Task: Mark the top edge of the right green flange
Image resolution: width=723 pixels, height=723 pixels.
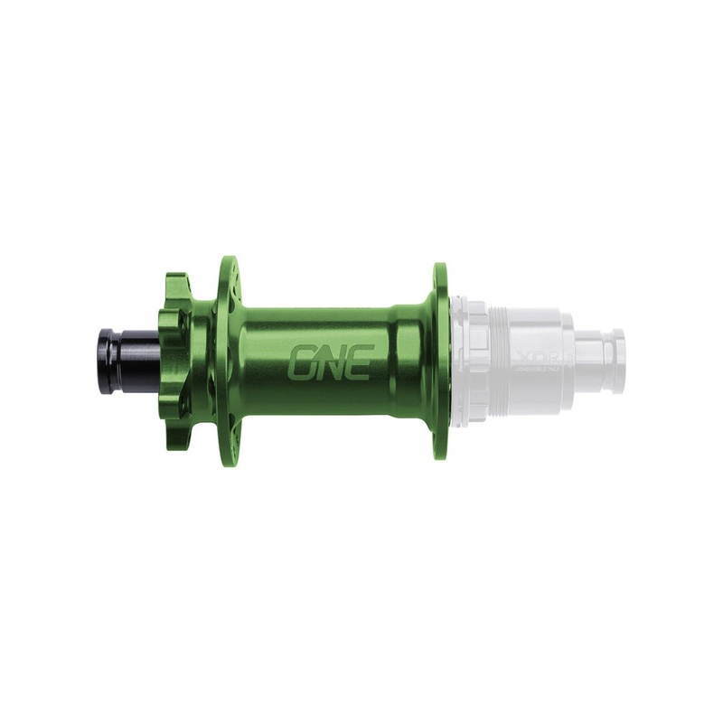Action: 440,268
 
